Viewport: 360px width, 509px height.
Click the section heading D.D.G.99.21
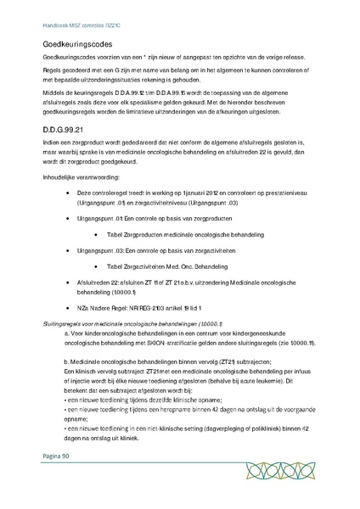[67, 129]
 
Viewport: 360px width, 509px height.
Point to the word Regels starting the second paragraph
[53, 74]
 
